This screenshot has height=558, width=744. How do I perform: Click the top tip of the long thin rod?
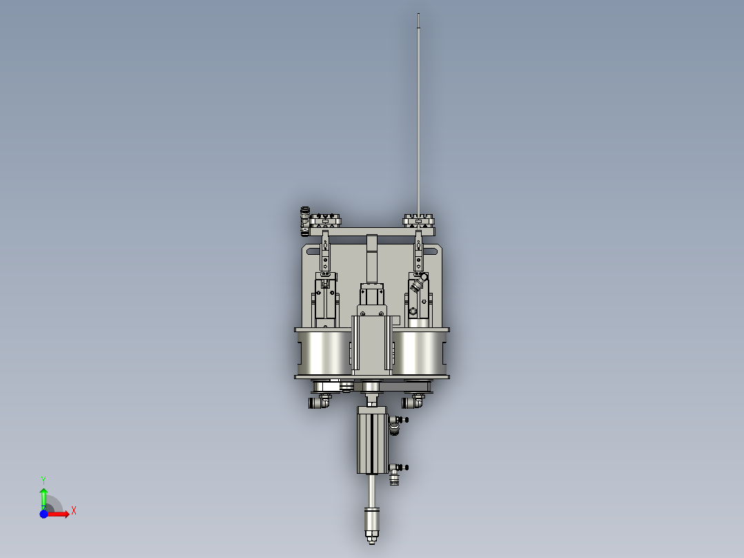[x=419, y=14]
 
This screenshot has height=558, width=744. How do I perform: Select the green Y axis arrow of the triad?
[x=43, y=494]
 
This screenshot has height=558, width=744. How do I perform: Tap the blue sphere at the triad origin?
[x=43, y=514]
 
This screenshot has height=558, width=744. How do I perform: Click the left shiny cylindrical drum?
[x=324, y=352]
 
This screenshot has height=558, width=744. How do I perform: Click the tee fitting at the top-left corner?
[x=305, y=218]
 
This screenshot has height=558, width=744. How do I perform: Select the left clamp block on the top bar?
[x=326, y=220]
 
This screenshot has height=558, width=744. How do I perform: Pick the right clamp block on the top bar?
[x=418, y=220]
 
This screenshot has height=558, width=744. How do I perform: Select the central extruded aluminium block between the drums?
[x=372, y=345]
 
